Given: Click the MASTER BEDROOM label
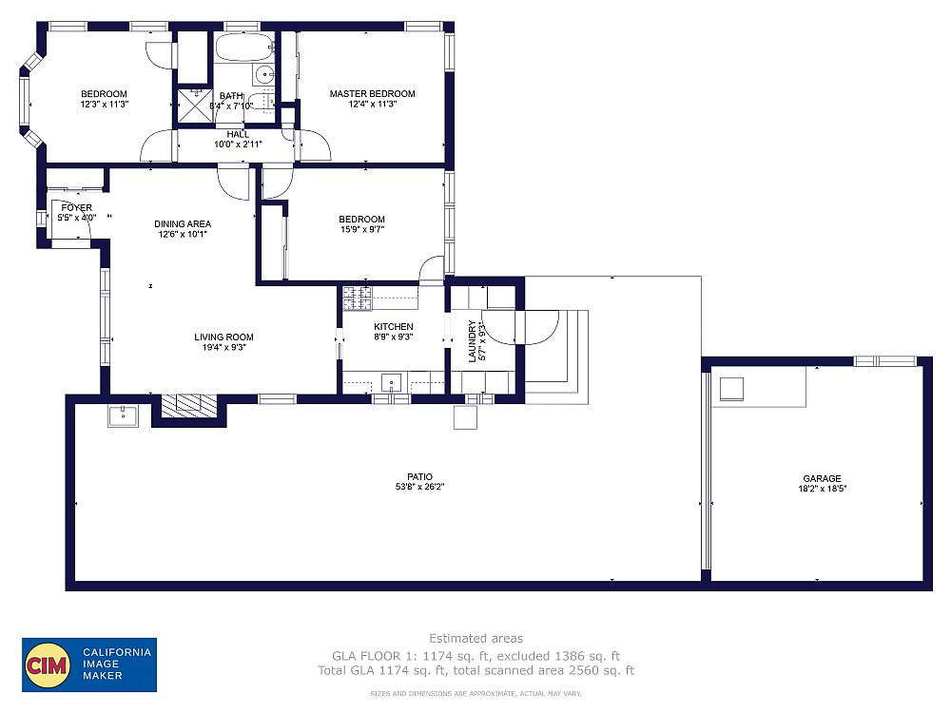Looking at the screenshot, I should coord(372,93).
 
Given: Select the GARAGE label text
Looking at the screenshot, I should coord(821,479).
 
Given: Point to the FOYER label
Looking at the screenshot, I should coord(77,207).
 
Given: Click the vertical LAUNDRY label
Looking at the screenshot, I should coord(472,341).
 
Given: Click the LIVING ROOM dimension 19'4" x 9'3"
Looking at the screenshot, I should coord(223,348).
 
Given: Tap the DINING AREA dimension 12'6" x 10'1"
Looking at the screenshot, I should coord(183,234).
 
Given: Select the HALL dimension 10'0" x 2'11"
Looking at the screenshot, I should coord(237,145).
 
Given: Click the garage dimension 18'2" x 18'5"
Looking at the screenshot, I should coord(821,490).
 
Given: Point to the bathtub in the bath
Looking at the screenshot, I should coord(243,47).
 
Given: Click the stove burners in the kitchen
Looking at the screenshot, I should coord(358,299).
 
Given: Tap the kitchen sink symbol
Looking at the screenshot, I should coord(391,383).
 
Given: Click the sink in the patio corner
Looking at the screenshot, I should coord(121,415).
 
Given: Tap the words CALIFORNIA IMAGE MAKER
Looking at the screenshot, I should coord(115,664).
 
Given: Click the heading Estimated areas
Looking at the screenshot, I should coord(475,638).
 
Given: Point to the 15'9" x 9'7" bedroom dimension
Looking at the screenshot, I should coord(362,229).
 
